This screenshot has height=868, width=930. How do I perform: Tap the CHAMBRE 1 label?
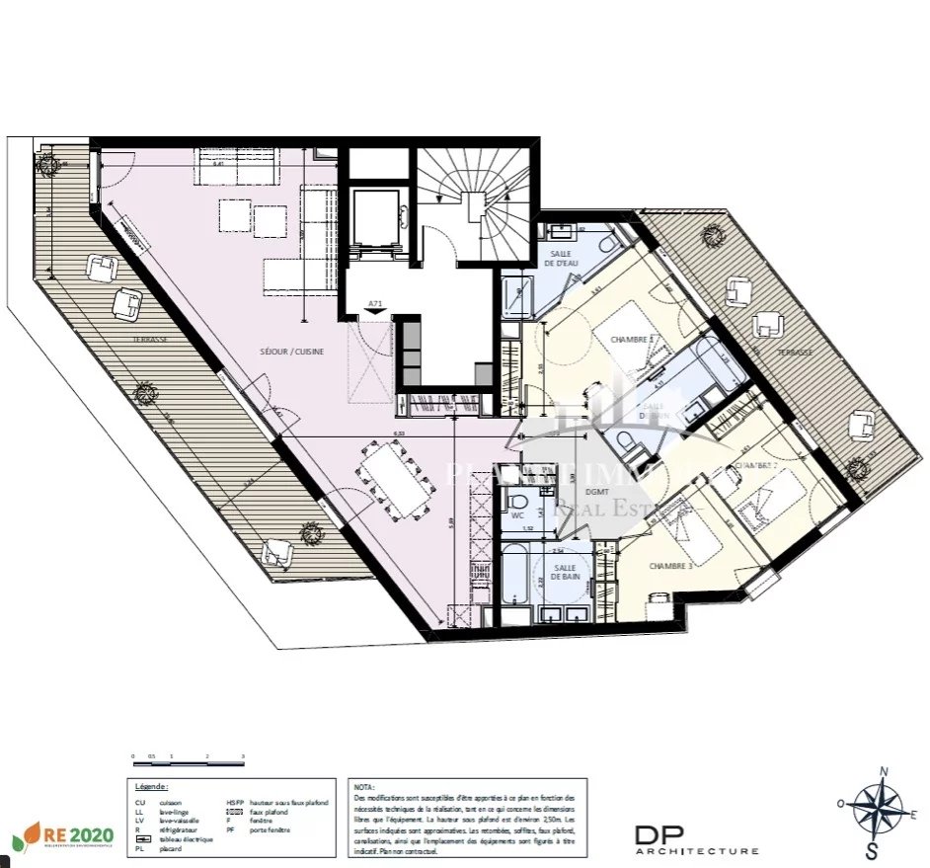pyautogui.click(x=633, y=339)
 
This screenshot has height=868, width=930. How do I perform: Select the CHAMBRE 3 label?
pyautogui.click(x=670, y=566)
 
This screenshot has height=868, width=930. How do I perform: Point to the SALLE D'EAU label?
pyautogui.click(x=566, y=259)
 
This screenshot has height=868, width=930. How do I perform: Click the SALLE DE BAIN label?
pyautogui.click(x=566, y=571)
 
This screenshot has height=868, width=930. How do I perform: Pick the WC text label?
pyautogui.click(x=516, y=514)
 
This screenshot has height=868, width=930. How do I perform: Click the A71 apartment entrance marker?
pyautogui.click(x=375, y=304)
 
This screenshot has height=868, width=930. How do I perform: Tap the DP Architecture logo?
pyautogui.click(x=696, y=839)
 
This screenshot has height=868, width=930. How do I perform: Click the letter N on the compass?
pyautogui.click(x=885, y=771)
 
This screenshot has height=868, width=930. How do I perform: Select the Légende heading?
pyautogui.click(x=151, y=787)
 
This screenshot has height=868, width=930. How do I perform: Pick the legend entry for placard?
pyautogui.click(x=160, y=847)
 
